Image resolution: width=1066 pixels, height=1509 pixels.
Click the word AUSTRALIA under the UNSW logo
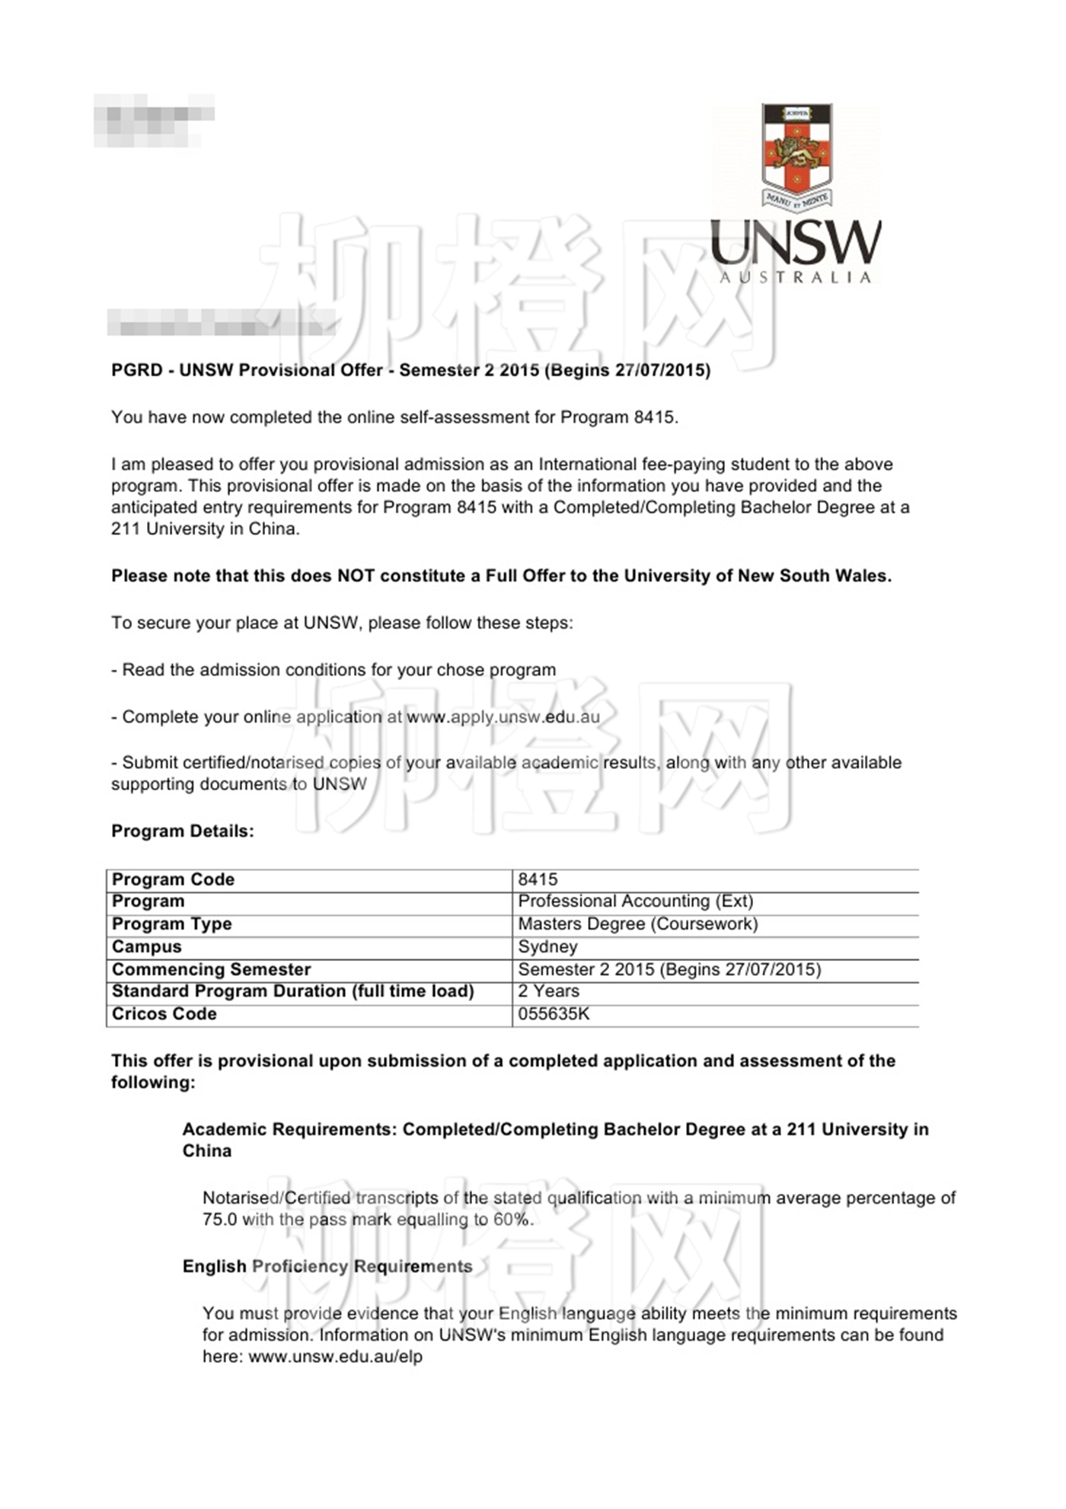pos(795,278)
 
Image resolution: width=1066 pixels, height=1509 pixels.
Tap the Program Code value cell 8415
pos(538,879)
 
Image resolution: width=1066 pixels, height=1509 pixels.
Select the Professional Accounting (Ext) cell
pos(636,901)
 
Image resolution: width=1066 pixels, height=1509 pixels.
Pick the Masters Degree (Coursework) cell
pos(638,924)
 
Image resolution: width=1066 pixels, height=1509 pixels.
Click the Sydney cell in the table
pos(548,947)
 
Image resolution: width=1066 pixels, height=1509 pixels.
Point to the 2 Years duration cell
pos(549,991)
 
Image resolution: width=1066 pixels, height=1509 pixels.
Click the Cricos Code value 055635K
pos(554,1014)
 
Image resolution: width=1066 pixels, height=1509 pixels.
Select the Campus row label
pos(147,947)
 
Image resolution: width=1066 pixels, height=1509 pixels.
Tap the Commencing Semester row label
pos(212,970)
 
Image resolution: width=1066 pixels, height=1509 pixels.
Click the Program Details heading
pos(183,831)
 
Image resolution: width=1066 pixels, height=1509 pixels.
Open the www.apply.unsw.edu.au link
pos(503,717)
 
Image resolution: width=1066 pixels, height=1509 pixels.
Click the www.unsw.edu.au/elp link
pos(336,1357)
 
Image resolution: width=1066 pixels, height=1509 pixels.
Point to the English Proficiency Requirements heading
pos(327,1266)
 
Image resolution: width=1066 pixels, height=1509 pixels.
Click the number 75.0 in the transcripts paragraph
pos(219,1220)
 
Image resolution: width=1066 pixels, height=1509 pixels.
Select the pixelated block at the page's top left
pos(154,120)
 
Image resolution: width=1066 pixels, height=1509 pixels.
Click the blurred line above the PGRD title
pos(221,323)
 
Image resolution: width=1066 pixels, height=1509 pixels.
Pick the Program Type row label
pos(172,924)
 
